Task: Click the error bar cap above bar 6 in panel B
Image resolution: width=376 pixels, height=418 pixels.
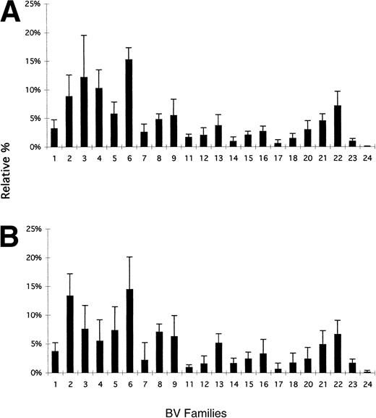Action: [129, 256]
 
